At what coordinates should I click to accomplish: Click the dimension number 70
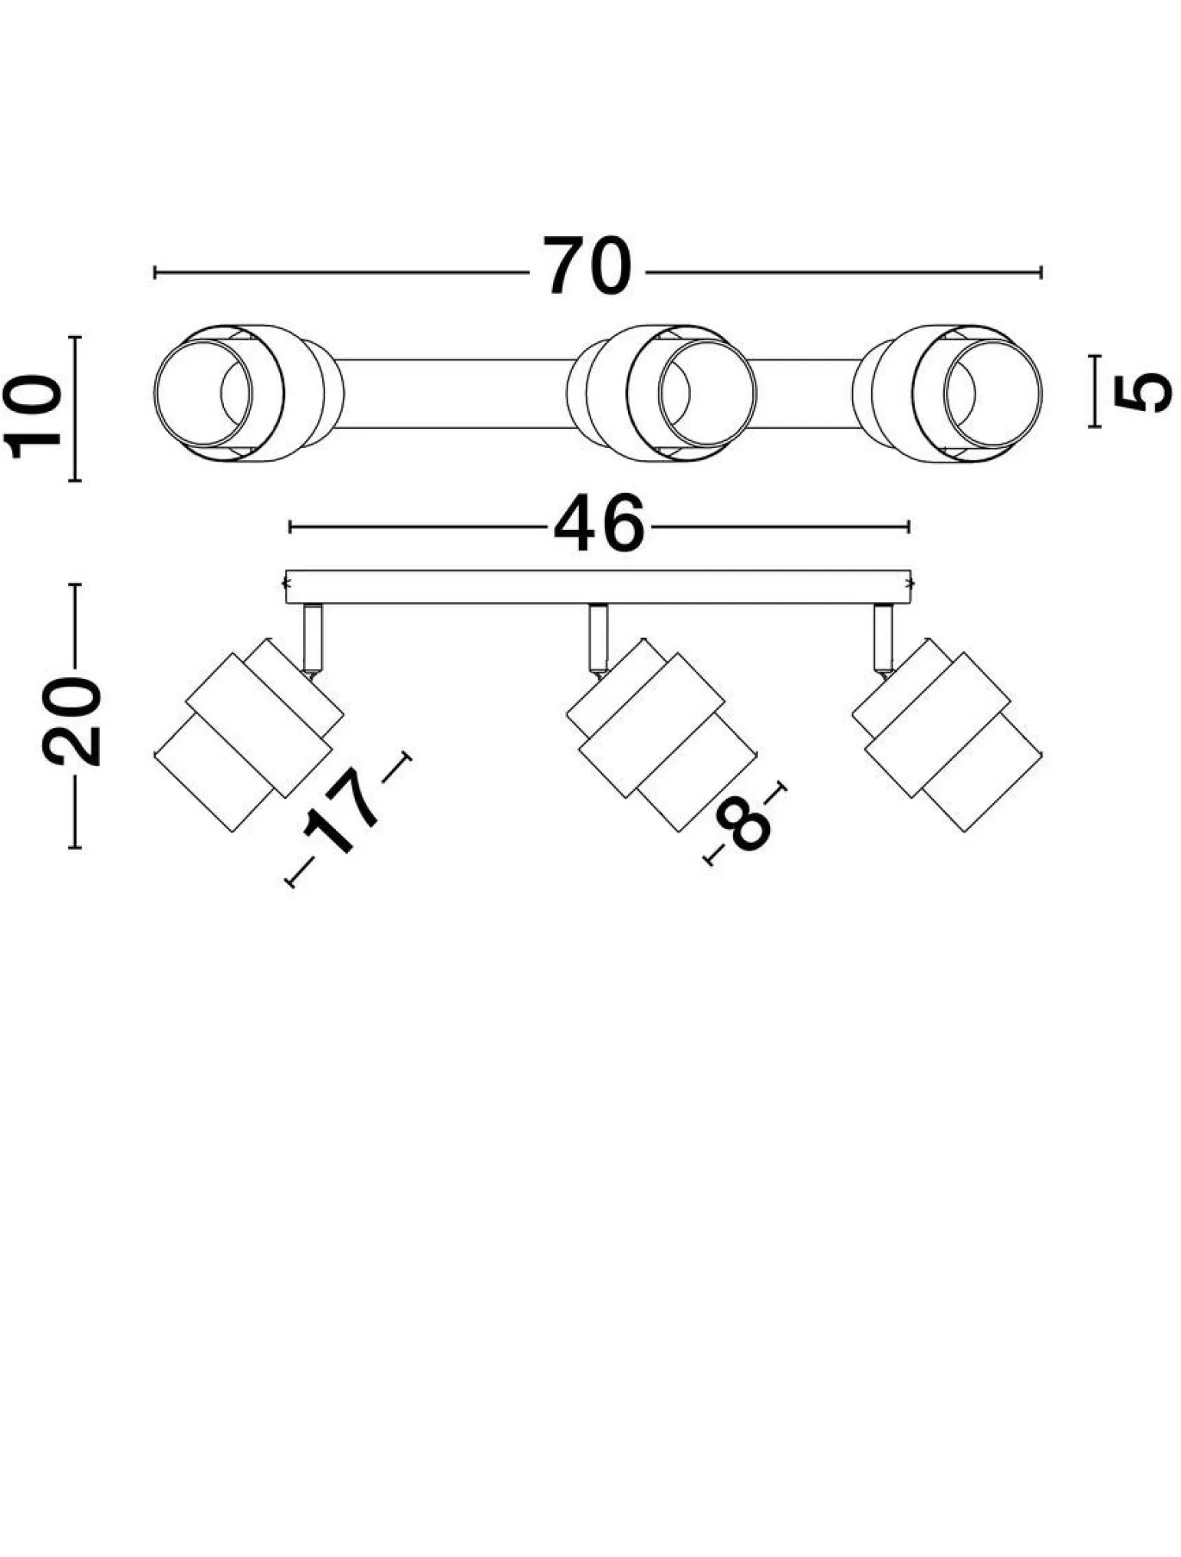588,266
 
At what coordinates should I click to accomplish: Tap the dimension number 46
599,525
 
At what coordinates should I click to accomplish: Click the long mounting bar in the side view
598,587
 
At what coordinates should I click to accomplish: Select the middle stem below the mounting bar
598,637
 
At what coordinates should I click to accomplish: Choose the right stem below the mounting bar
883,637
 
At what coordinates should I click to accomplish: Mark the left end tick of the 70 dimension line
155,272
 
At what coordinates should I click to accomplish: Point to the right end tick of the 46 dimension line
909,526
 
